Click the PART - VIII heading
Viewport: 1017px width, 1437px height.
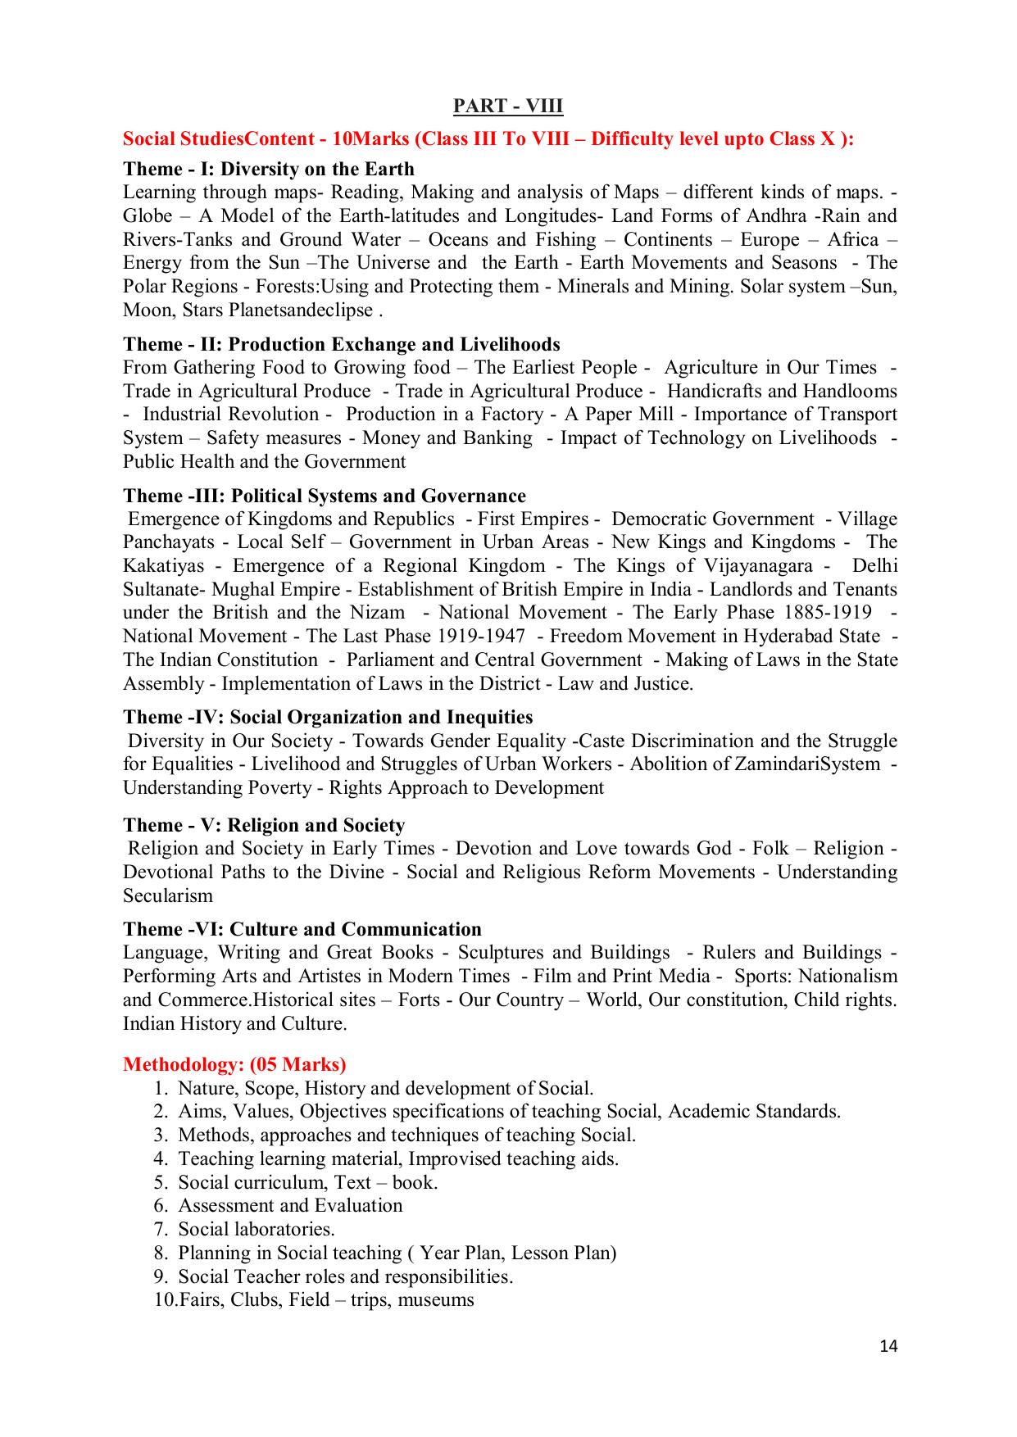[508, 107]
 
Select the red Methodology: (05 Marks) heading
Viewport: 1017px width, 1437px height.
[234, 1064]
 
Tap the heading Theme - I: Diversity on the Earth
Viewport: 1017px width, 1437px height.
[269, 169]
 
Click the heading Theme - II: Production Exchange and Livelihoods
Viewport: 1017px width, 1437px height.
[342, 344]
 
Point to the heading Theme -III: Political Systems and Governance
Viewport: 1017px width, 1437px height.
[325, 496]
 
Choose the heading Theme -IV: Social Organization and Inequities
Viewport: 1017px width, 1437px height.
[328, 717]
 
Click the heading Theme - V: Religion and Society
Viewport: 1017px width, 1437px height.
[264, 825]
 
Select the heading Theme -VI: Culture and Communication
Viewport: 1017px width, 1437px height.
[302, 929]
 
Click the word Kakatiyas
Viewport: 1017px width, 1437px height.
[163, 566]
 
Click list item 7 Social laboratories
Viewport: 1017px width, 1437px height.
[257, 1229]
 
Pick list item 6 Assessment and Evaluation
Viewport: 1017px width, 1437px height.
[290, 1206]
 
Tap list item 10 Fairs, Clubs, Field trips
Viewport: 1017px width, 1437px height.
[326, 1300]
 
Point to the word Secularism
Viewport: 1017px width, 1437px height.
[168, 895]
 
